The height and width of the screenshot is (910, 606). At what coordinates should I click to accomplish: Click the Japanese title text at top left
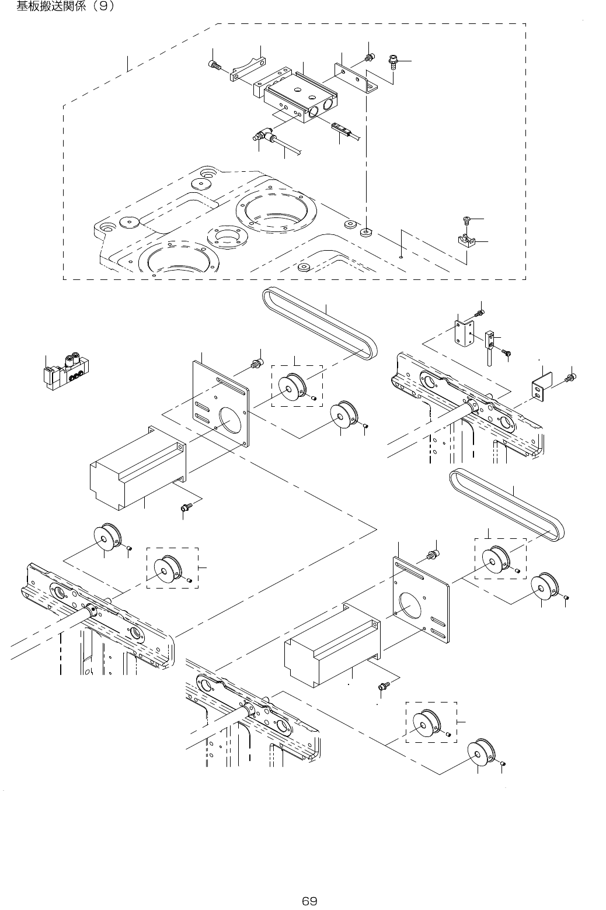65,7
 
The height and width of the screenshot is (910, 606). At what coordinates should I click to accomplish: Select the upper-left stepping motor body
137,468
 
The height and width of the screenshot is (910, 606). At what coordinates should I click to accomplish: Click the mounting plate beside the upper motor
221,403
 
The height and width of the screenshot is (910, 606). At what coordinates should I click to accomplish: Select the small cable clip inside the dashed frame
466,240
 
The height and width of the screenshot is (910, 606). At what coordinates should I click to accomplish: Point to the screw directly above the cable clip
466,220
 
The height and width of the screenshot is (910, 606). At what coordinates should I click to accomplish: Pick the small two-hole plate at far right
538,390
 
